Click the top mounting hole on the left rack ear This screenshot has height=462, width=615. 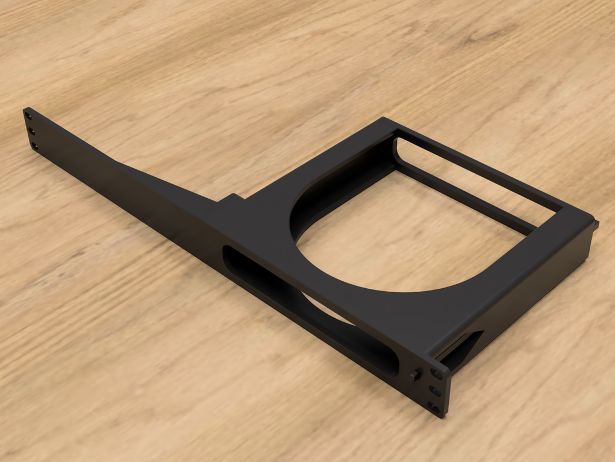point(28,117)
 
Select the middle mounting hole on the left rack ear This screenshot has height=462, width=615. point(31,131)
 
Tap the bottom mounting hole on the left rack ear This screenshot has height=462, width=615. point(34,146)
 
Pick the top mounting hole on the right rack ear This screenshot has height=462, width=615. point(436,374)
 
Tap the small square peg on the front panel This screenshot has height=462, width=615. point(415,374)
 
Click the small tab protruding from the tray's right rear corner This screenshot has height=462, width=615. point(595,222)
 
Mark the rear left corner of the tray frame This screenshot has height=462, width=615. point(384,121)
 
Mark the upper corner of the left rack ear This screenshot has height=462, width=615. point(25,109)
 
